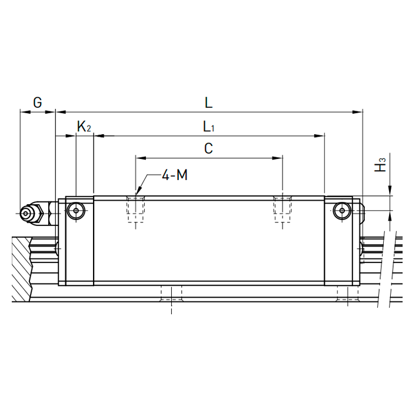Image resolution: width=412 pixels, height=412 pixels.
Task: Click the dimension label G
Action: [38, 102]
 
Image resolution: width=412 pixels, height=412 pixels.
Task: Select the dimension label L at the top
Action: [208, 102]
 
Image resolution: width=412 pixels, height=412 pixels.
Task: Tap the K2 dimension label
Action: [84, 127]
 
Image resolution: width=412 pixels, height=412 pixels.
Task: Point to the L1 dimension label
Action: [209, 127]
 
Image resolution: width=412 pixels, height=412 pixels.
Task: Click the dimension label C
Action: [208, 148]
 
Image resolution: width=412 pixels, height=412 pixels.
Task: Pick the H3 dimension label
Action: [380, 165]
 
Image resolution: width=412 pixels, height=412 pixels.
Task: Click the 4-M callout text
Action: [175, 175]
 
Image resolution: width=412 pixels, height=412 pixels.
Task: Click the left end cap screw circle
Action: [76, 211]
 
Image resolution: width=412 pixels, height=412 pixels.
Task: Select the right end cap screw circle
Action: [342, 211]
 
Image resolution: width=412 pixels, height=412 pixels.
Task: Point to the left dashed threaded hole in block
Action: [135, 210]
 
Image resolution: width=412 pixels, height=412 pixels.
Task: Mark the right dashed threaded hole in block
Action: [283, 210]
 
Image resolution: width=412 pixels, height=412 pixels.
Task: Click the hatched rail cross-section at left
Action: [22, 269]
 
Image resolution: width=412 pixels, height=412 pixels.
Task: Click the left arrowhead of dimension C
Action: [141, 158]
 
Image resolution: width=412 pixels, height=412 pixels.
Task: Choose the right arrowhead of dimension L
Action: [357, 112]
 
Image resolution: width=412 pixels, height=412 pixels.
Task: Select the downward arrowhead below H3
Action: [390, 191]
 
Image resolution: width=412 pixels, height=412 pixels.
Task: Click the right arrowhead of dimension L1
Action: [320, 136]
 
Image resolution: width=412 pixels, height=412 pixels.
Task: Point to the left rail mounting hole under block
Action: [171, 294]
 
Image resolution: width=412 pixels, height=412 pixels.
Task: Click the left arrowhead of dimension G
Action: [25, 112]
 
